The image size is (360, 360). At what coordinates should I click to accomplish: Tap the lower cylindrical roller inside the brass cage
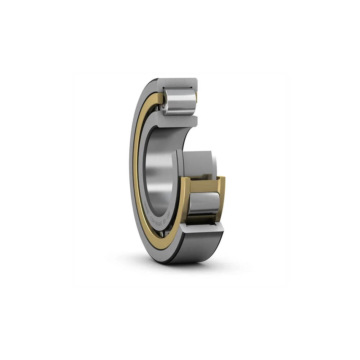204,204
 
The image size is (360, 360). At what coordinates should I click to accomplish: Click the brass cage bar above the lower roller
204,185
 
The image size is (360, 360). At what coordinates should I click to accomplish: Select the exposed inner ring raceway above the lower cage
200,164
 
